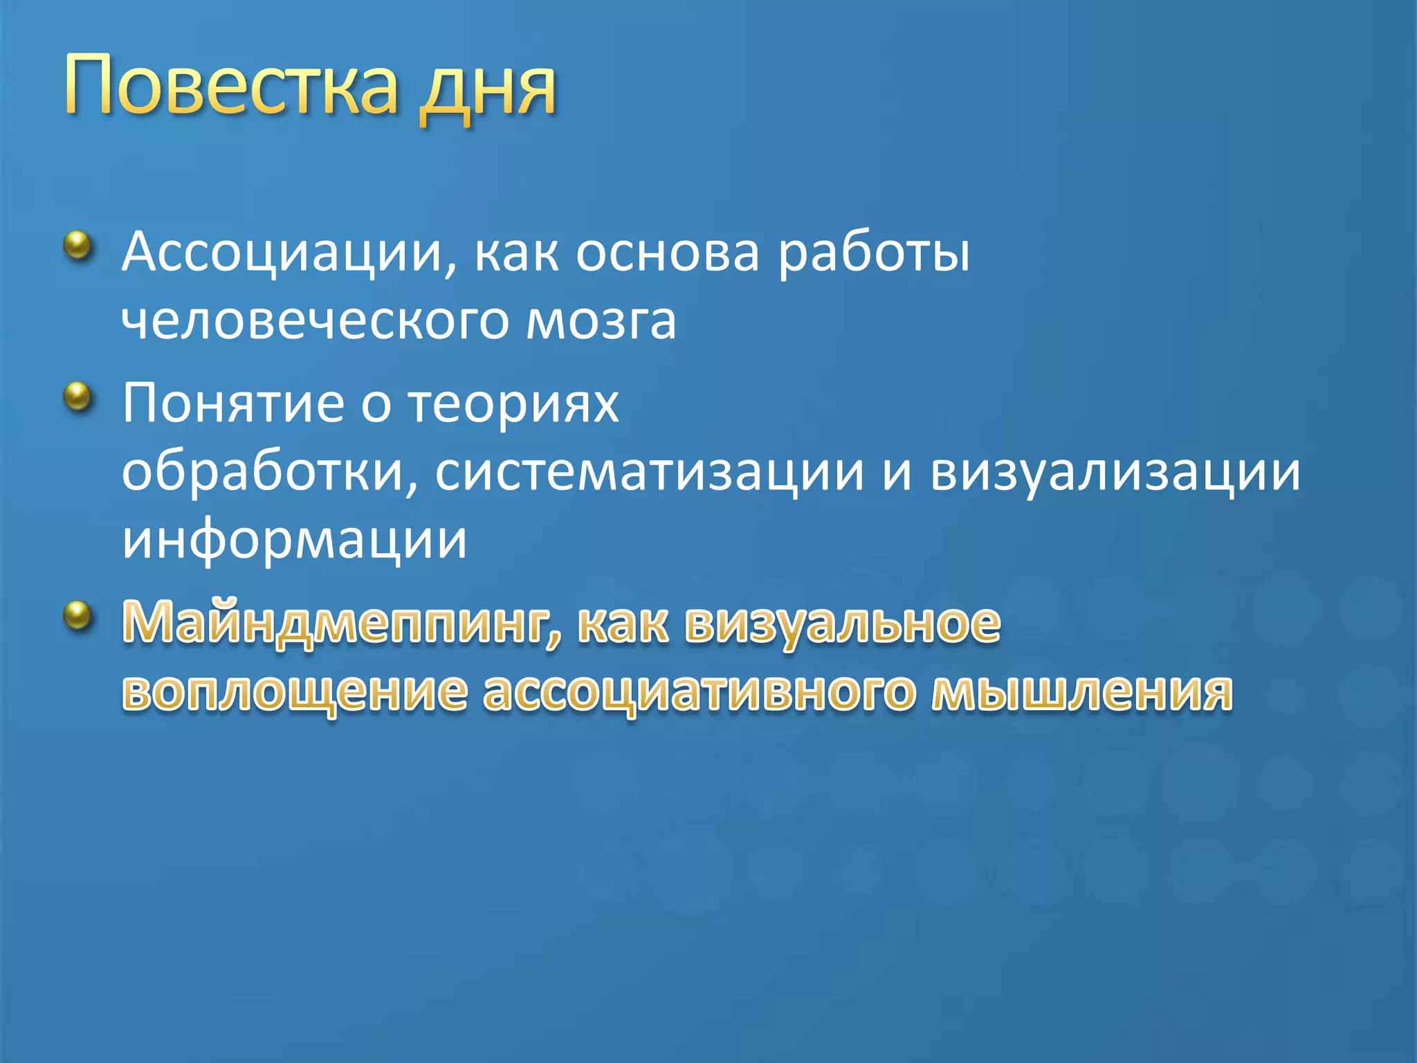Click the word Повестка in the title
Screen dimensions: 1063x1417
tap(232, 87)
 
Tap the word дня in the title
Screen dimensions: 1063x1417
tap(488, 90)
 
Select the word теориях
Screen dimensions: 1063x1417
tap(513, 404)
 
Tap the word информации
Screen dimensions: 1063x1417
tap(295, 540)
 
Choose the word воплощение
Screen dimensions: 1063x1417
tap(295, 692)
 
